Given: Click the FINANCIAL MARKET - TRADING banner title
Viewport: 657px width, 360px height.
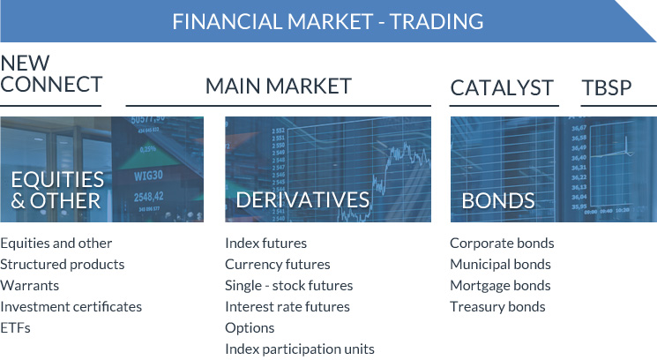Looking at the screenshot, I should [328, 20].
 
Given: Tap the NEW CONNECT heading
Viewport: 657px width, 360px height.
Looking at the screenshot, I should [51, 74].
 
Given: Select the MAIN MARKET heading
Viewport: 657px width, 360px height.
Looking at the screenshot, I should [279, 86].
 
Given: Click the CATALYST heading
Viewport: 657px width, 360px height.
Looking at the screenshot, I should [502, 87].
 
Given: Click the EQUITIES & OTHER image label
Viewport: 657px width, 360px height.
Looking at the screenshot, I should [57, 190].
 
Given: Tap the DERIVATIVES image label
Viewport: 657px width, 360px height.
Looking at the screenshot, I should [302, 200].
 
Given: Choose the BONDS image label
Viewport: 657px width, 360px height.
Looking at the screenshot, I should [498, 200].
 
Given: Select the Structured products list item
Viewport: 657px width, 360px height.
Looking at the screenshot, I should [63, 264].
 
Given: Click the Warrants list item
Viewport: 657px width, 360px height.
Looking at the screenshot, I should [30, 285].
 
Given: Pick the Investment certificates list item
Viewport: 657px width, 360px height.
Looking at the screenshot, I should [71, 306].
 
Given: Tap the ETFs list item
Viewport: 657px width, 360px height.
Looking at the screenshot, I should [15, 327].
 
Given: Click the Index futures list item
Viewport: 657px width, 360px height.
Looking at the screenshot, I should [265, 243].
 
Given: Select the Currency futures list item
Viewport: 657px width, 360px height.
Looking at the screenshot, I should [278, 264].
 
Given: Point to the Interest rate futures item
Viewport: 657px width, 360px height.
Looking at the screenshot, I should [287, 306].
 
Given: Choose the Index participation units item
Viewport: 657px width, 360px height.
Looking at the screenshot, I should [300, 349].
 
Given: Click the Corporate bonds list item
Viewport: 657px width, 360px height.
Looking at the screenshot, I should [502, 243].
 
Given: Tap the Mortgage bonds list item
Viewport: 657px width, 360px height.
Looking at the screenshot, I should [500, 285].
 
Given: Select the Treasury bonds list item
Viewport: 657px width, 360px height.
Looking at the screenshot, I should [497, 306].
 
